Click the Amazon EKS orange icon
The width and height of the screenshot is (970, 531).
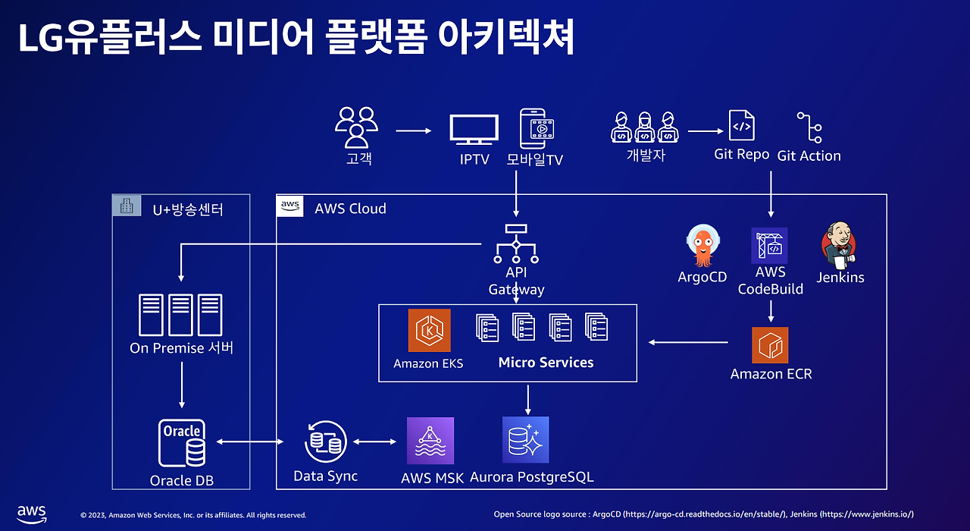[x=429, y=330]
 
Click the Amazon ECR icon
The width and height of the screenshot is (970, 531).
[x=770, y=345]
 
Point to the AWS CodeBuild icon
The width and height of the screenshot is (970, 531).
[x=770, y=245]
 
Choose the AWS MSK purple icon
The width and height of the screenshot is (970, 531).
[x=430, y=441]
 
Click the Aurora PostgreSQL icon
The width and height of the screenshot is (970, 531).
[x=525, y=440]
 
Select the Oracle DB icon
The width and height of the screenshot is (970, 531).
[x=182, y=443]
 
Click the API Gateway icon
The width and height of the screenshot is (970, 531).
[x=516, y=243]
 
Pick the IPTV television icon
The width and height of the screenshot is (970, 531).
[x=474, y=130]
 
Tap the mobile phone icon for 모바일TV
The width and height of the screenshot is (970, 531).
[x=537, y=128]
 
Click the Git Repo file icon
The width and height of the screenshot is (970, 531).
[x=741, y=125]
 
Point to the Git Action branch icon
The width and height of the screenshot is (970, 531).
[x=809, y=127]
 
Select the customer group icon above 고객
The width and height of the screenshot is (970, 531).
[x=357, y=127]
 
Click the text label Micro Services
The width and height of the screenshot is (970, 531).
[x=546, y=363]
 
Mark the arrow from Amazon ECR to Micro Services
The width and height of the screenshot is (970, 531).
[x=688, y=343]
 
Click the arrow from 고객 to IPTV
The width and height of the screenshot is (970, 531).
[x=413, y=130]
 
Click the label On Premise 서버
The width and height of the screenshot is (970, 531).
[x=182, y=348]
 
